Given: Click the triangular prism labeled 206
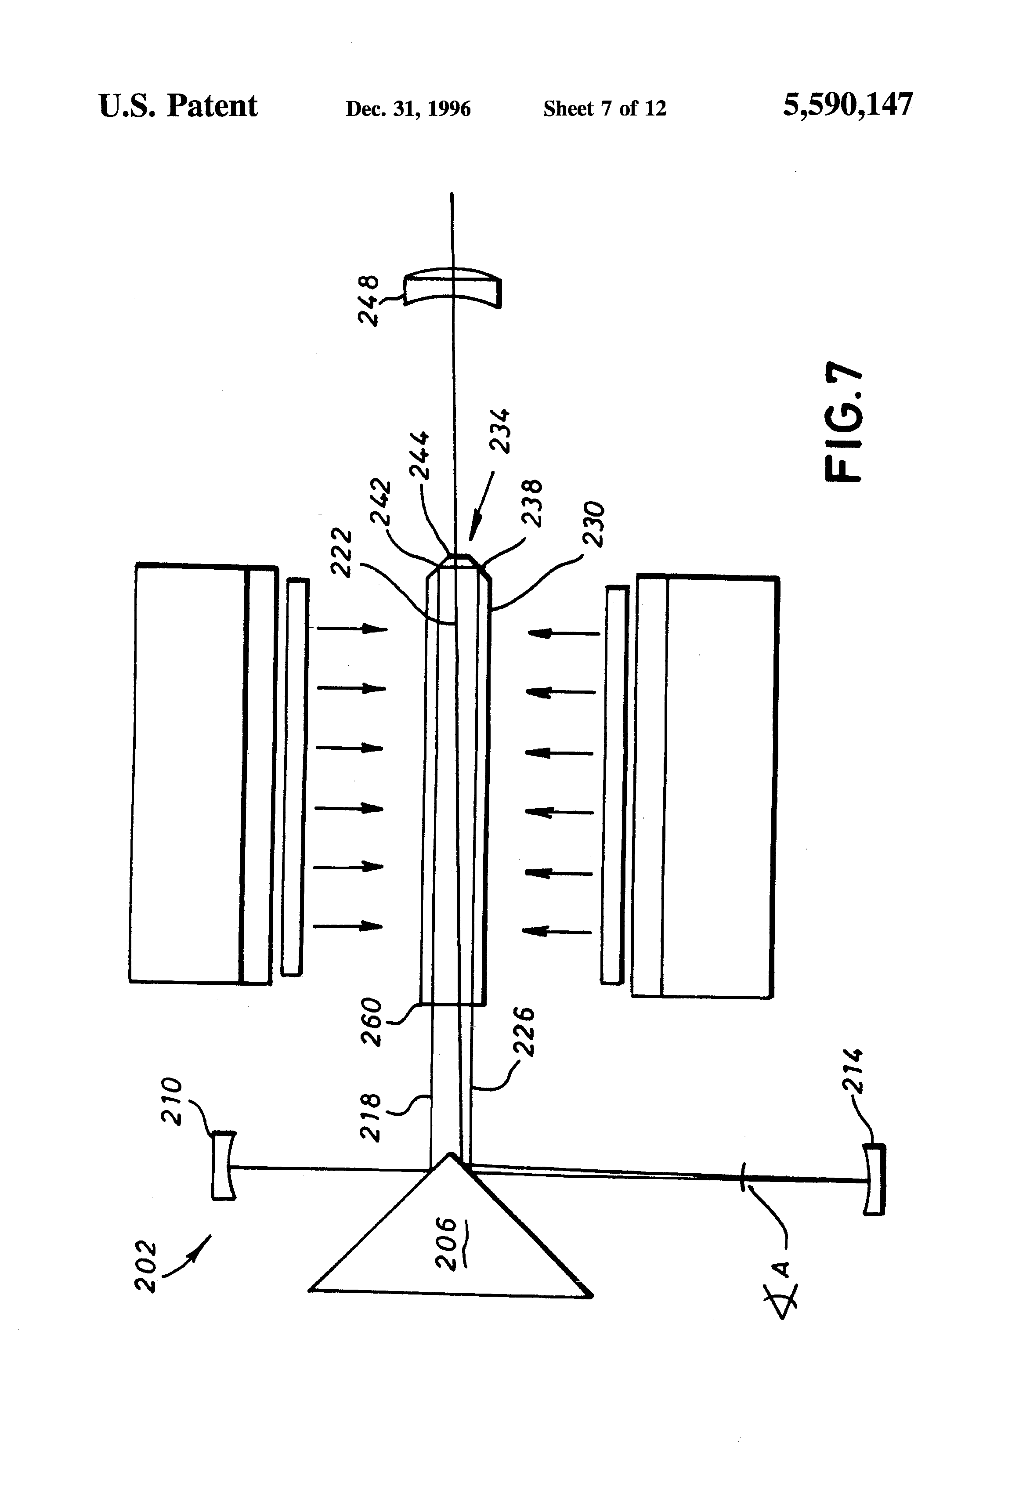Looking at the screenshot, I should [x=451, y=1262].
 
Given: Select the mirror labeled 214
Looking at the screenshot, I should [x=875, y=1179].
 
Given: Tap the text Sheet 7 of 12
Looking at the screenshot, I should [x=604, y=108].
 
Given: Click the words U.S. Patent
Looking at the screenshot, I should [x=178, y=106].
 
